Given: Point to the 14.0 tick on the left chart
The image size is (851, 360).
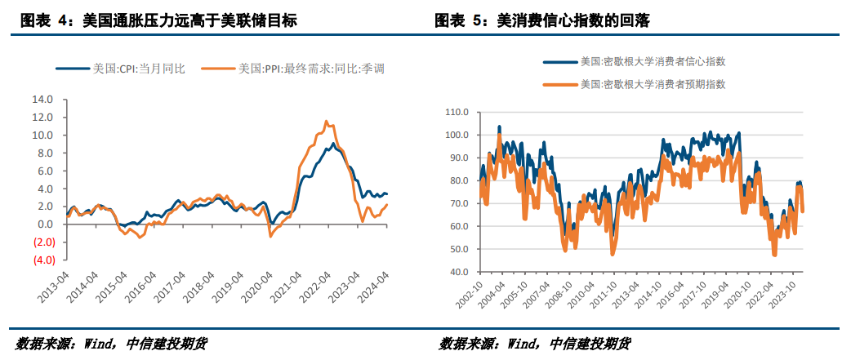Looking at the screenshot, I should (42, 100).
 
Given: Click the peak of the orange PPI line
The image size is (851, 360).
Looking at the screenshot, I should (326, 121).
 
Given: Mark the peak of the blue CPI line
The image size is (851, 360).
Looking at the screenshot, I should (333, 144).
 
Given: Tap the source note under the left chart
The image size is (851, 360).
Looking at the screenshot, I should (111, 344).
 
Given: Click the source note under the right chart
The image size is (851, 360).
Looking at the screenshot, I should (535, 344).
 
